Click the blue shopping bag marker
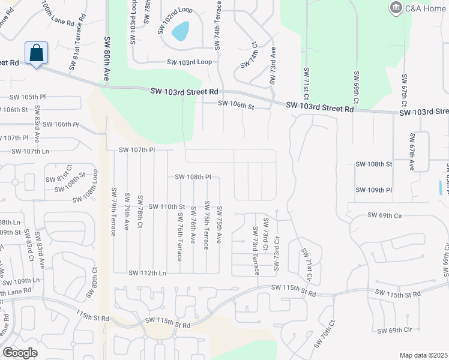pos(36,53)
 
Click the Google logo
pos(20,353)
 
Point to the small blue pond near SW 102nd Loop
pos(181,31)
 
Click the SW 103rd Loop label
pos(189,62)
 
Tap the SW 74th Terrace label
pos(219,24)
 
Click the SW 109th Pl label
pos(373,190)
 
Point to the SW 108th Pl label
pos(193,177)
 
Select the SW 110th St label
pos(166,206)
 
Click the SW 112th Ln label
pos(147,272)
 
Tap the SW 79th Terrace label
pos(113,211)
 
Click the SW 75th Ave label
pos(220,224)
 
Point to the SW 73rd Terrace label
pos(256,250)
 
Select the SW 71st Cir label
pos(307,265)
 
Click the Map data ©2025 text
pos(423,355)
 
